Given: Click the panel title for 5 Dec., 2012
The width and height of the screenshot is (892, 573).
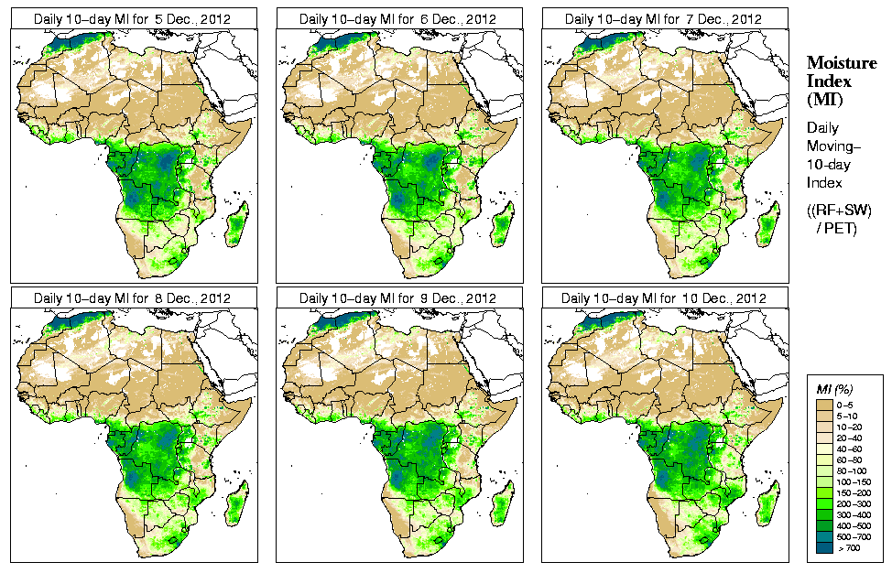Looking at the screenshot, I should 132,18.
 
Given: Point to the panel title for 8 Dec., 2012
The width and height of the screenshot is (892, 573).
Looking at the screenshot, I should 132,298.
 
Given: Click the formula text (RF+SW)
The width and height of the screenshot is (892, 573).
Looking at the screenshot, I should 833,211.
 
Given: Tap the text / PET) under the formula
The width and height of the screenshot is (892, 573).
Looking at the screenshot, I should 836,228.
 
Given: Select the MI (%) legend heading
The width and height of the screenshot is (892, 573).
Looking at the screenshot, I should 831,391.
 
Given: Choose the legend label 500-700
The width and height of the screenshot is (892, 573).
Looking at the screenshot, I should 854,536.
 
